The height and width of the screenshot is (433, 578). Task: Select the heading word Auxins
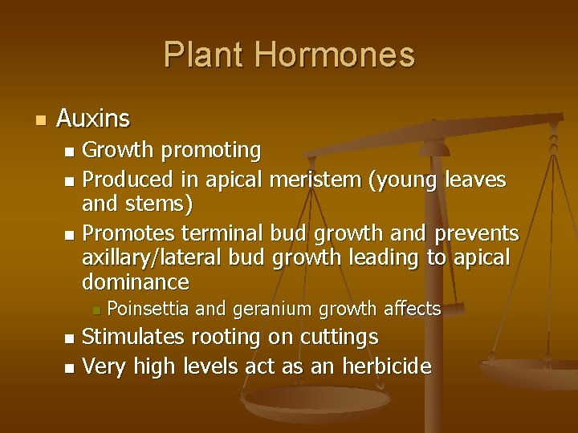click(x=93, y=120)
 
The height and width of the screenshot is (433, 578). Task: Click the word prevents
click(x=478, y=234)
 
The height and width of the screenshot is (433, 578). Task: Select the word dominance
click(x=136, y=282)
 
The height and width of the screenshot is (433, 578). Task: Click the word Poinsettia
click(x=149, y=308)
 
